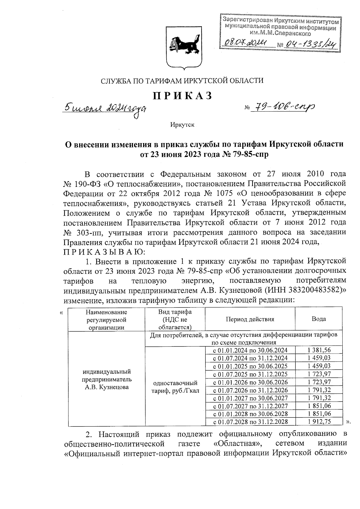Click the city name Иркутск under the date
pyautogui.click(x=182, y=124)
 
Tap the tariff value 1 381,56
pyautogui.click(x=319, y=350)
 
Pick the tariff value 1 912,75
pyautogui.click(x=319, y=422)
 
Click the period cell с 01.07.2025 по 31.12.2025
pyautogui.click(x=250, y=374)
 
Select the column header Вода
pyautogui.click(x=319, y=319)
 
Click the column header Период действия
pyautogui.click(x=250, y=319)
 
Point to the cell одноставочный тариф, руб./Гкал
pyautogui.click(x=175, y=387)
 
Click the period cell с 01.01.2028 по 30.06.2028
pyautogui.click(x=250, y=414)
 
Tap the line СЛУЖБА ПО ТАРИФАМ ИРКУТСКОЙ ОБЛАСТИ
pyautogui.click(x=182, y=81)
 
